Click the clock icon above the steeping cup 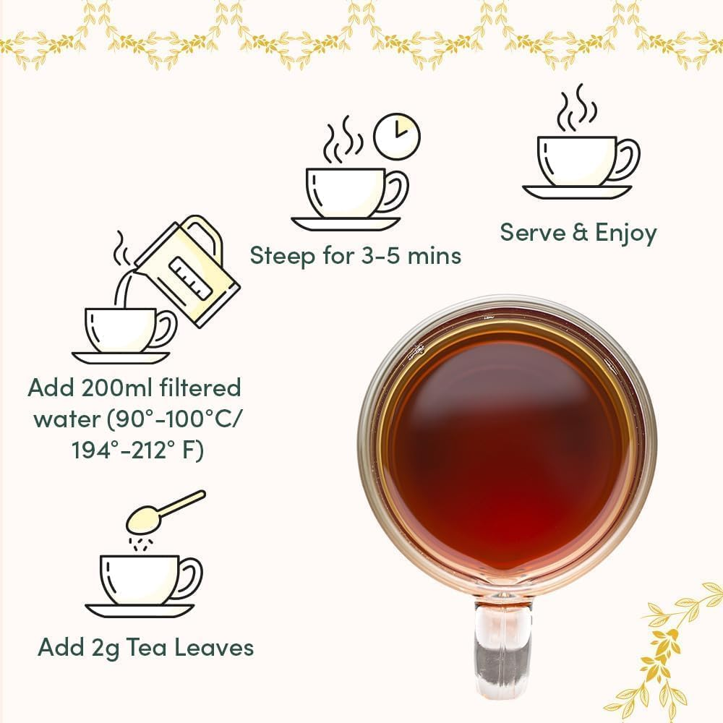pyautogui.click(x=397, y=134)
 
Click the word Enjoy pyautogui.click(x=625, y=233)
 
